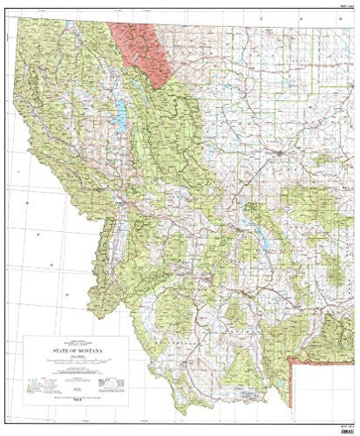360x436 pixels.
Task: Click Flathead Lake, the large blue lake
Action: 119,112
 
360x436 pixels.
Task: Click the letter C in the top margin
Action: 259,17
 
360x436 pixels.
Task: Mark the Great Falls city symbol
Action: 277,153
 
